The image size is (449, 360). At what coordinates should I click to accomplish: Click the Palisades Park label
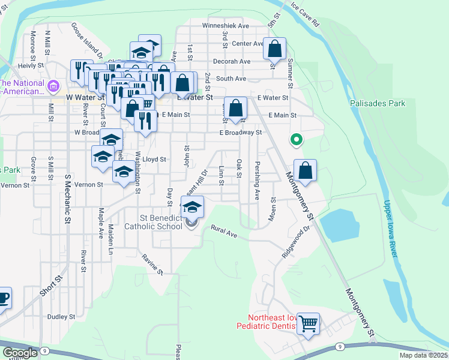pyautogui.click(x=378, y=103)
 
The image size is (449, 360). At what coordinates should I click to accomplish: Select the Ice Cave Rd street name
pyautogui.click(x=306, y=16)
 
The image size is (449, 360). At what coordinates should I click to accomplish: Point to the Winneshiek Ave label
pyautogui.click(x=225, y=26)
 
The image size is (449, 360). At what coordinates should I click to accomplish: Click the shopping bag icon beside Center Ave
pyautogui.click(x=274, y=48)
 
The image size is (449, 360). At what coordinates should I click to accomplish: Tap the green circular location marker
pyautogui.click(x=296, y=140)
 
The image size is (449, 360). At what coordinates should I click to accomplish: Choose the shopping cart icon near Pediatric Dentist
pyautogui.click(x=308, y=324)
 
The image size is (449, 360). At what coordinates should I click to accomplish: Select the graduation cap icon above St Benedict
pyautogui.click(x=192, y=208)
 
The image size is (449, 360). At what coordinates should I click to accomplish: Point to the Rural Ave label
pyautogui.click(x=229, y=232)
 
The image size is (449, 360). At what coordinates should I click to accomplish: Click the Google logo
pyautogui.click(x=20, y=353)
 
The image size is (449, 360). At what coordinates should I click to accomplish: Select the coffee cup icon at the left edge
pyautogui.click(x=3, y=298)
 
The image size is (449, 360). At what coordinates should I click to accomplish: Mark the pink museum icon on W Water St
pyautogui.click(x=53, y=87)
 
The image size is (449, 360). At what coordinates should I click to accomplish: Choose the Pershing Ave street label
pyautogui.click(x=257, y=180)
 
